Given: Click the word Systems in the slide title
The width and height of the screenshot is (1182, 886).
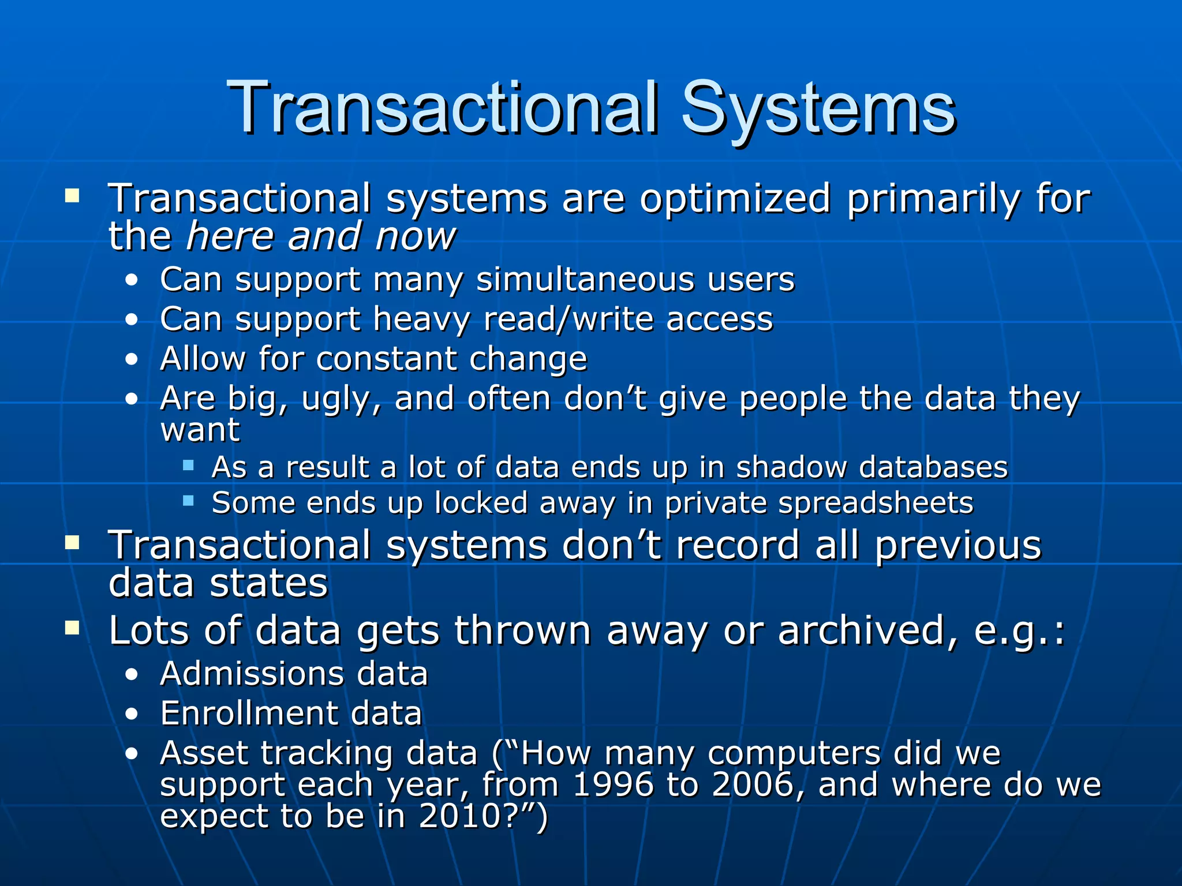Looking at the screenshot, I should tap(818, 108).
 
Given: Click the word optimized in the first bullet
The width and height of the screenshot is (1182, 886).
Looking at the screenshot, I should tap(735, 200).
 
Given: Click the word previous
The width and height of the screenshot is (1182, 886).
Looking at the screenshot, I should tap(958, 545).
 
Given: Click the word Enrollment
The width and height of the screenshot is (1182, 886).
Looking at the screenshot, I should tap(249, 714).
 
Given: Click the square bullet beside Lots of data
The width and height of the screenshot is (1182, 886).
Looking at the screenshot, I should tap(72, 628).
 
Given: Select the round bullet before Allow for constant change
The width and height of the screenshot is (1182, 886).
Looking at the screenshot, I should tap(132, 360).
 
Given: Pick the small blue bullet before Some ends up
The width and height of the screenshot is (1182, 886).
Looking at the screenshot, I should tap(188, 501).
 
